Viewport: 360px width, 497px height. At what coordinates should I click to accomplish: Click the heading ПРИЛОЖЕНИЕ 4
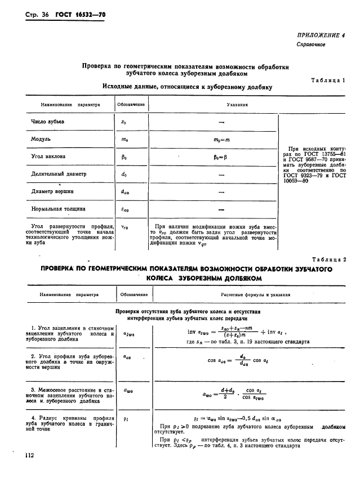pyautogui.click(x=321, y=35)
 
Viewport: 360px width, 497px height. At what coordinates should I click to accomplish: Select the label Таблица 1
pyautogui.click(x=328, y=81)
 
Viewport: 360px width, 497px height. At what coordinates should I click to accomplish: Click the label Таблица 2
pyautogui.click(x=328, y=259)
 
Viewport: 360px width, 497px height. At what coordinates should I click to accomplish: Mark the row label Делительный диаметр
pyautogui.click(x=59, y=174)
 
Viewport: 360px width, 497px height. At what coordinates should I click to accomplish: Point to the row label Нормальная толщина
pyautogui.click(x=58, y=209)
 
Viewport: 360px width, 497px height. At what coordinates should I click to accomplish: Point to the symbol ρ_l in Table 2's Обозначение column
pyautogui.click(x=123, y=419)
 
